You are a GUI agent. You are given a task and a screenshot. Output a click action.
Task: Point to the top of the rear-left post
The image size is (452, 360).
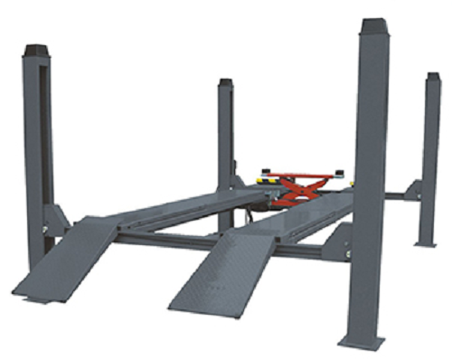[x=225, y=82]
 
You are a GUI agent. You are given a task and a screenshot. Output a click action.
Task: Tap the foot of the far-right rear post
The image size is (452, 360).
[x=426, y=242]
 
